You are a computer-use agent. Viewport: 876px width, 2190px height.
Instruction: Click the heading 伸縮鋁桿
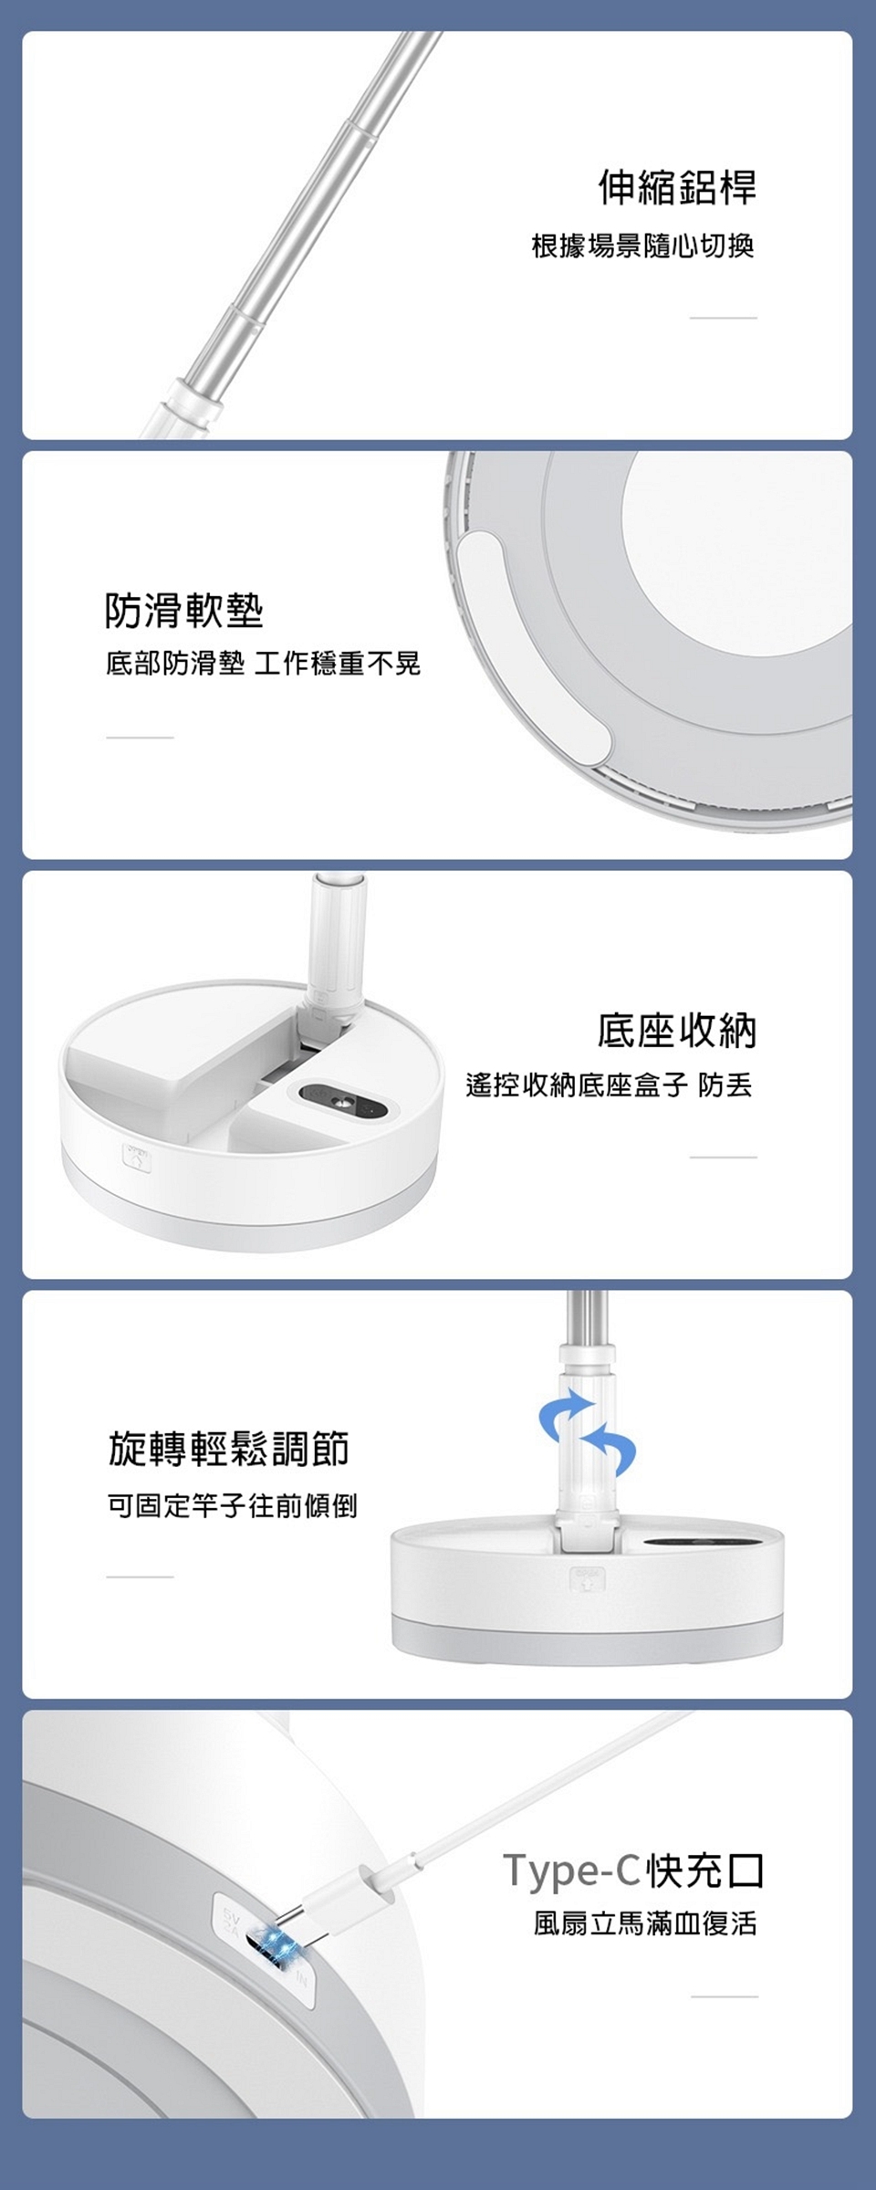point(677,187)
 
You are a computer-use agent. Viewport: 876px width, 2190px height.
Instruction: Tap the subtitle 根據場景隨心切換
point(643,246)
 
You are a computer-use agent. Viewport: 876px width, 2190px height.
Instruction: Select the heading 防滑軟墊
point(184,609)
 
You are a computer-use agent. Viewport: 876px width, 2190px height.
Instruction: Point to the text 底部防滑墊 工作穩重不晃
point(263,665)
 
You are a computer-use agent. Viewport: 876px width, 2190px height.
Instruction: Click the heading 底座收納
point(677,1030)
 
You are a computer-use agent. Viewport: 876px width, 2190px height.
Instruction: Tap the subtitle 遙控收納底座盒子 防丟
point(610,1086)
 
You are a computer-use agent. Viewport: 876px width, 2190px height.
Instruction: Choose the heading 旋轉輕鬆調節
point(228,1449)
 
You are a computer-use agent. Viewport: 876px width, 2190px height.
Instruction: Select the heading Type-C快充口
point(633,1870)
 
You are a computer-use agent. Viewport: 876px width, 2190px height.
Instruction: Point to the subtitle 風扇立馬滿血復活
point(645,1925)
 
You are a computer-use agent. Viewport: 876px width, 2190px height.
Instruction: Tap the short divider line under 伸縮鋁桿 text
point(724,318)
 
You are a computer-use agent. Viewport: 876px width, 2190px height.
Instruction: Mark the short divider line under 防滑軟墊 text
point(140,738)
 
